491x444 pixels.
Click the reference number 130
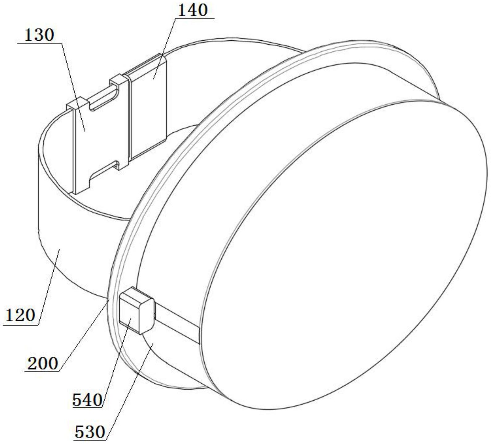(39, 35)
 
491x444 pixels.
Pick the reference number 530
(90, 432)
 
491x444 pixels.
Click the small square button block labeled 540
(136, 311)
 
